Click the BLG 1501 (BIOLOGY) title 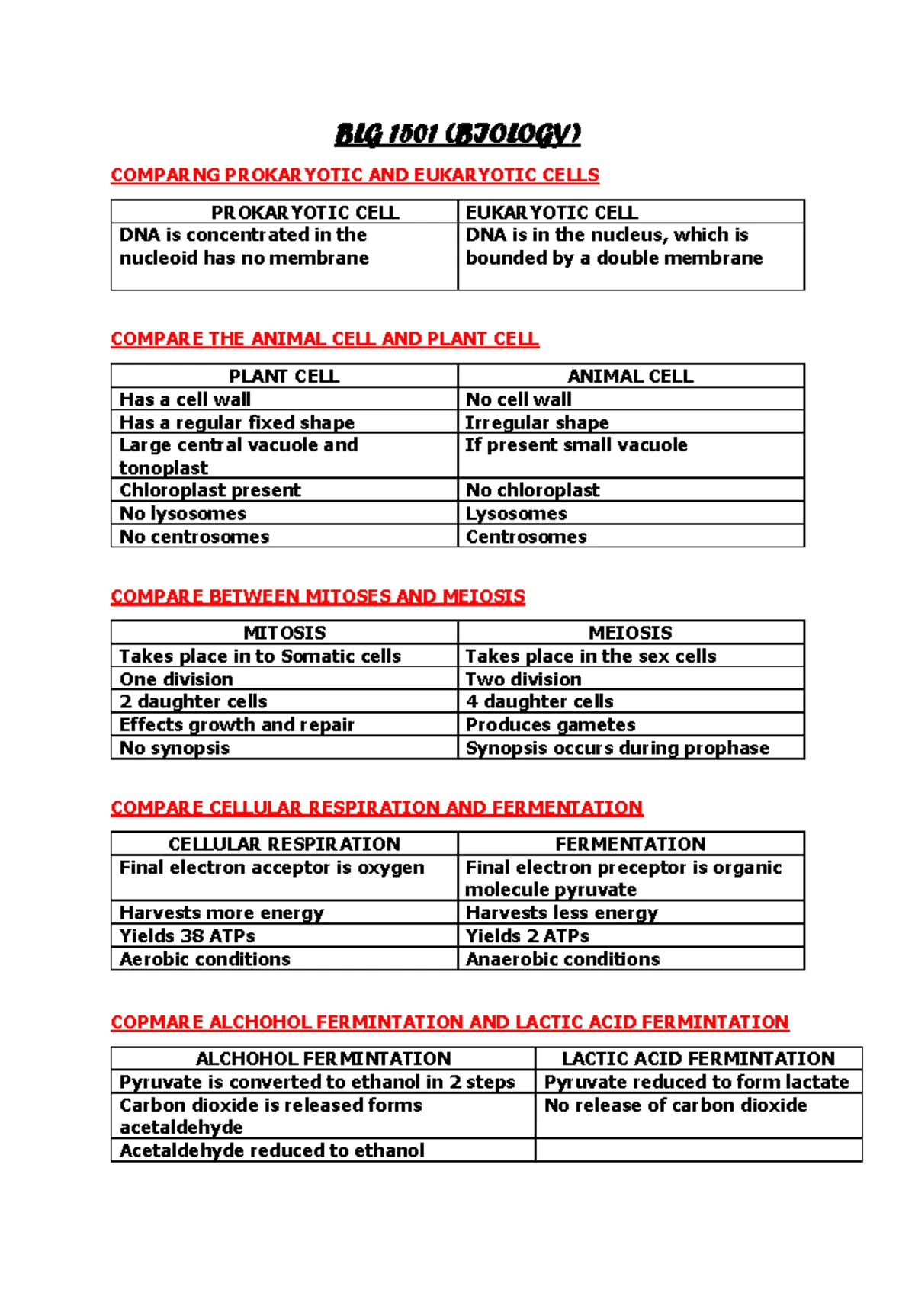(457, 135)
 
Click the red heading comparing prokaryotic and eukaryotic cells (355, 175)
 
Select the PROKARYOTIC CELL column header (305, 212)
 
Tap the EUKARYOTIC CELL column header (552, 212)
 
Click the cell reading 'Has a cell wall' (185, 399)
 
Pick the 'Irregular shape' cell (538, 422)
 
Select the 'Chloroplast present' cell (210, 490)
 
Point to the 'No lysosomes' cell (183, 513)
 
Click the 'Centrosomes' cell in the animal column (526, 537)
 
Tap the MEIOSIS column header (630, 633)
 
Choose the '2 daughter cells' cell (194, 701)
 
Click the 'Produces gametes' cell (551, 724)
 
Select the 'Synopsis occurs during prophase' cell (618, 748)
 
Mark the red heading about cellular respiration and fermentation (377, 807)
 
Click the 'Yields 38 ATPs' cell (188, 935)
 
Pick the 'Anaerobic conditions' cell (563, 959)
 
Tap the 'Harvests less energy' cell (562, 913)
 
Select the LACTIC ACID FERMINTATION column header (698, 1058)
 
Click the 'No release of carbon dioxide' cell (676, 1105)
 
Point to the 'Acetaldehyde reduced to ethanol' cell (272, 1150)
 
